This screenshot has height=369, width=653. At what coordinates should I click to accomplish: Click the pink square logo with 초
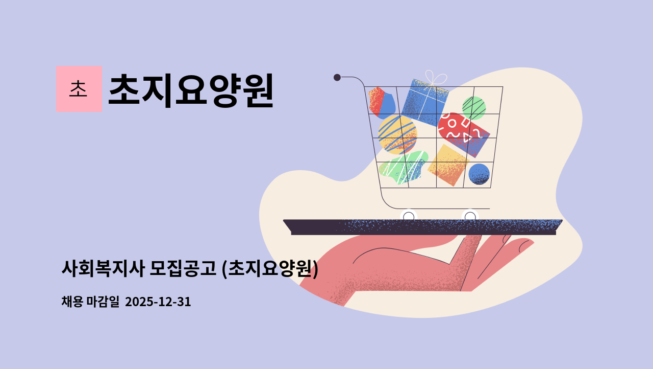click(79, 89)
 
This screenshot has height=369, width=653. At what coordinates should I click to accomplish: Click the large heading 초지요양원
click(191, 90)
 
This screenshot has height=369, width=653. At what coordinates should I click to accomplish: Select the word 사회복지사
click(103, 268)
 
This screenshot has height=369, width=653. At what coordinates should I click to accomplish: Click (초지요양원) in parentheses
click(270, 268)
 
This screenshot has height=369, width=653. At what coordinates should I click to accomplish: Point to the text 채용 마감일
click(90, 302)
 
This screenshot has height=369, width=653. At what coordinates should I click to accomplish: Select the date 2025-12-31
click(158, 302)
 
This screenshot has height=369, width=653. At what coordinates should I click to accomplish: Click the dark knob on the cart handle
click(337, 77)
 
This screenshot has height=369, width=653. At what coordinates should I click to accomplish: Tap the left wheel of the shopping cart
click(409, 217)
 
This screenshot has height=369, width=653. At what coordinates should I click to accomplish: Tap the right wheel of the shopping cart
click(470, 217)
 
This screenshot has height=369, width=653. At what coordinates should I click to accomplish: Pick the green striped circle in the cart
click(473, 108)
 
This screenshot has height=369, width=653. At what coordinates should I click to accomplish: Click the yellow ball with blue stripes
click(397, 134)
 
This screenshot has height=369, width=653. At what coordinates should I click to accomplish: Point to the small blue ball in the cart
click(479, 174)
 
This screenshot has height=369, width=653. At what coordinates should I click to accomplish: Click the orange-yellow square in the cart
click(448, 165)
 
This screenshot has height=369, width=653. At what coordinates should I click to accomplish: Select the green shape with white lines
click(403, 168)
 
